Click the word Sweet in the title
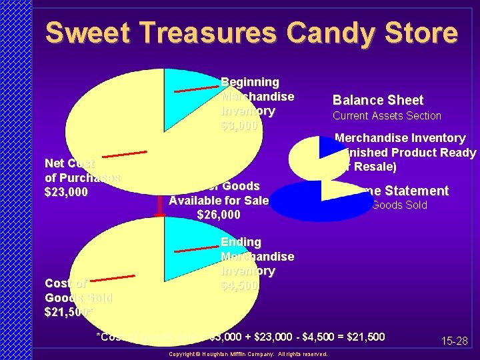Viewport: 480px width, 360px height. (x=85, y=33)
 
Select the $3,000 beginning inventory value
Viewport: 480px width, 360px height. (x=239, y=125)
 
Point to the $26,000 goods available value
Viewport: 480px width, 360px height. (x=219, y=215)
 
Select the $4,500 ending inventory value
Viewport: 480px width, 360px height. (x=239, y=285)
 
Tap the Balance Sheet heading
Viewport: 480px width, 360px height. (x=378, y=101)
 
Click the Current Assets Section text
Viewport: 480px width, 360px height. (x=387, y=116)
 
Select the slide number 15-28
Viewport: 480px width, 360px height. (x=454, y=341)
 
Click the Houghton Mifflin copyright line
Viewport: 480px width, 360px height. (x=249, y=354)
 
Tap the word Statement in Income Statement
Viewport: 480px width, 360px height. (x=420, y=191)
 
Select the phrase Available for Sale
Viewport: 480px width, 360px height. (x=219, y=201)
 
